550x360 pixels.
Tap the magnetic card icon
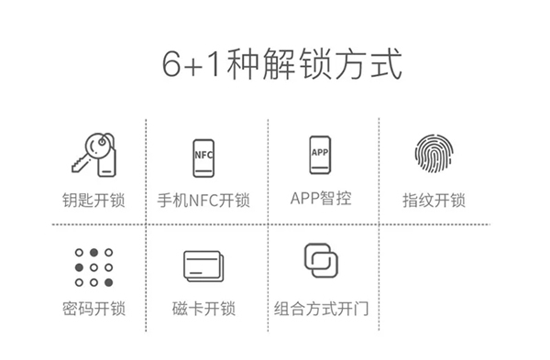pos(203,267)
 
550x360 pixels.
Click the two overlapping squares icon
pos(321,260)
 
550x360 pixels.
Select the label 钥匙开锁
pos(91,200)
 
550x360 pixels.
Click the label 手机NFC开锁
pos(203,200)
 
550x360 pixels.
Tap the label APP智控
pos(320,198)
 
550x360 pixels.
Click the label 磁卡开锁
pos(203,309)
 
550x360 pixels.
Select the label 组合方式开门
pos(321,309)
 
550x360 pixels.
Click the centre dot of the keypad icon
pos(93,268)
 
